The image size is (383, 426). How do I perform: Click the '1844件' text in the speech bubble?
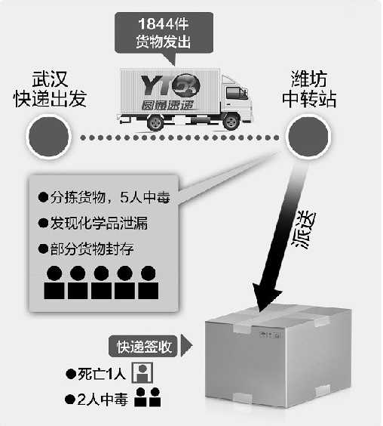coord(164,24)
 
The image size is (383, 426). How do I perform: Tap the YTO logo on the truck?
coord(170,86)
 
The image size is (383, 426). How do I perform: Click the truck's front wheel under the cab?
coord(231,122)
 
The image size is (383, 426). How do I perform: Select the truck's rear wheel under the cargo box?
coord(156,122)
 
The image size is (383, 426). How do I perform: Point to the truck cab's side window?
coord(236,93)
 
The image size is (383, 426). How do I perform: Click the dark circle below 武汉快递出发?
coord(48,137)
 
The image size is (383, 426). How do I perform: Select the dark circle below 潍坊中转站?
coord(308,137)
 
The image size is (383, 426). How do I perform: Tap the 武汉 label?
coord(51,79)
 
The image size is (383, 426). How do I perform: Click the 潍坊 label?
coord(309,79)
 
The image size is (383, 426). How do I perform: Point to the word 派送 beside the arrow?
coord(304,230)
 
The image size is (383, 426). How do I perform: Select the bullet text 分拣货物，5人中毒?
coord(104,197)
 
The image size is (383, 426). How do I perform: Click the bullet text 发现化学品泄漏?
coord(93,223)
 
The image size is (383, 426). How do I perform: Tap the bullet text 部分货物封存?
coord(86,248)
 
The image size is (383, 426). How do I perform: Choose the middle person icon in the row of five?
coord(101,282)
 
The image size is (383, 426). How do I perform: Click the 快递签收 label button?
coord(143,347)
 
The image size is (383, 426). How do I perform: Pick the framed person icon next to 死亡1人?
coord(142,372)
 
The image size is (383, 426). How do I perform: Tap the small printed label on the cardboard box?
coord(269,335)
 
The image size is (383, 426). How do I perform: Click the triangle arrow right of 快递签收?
coord(186,346)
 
